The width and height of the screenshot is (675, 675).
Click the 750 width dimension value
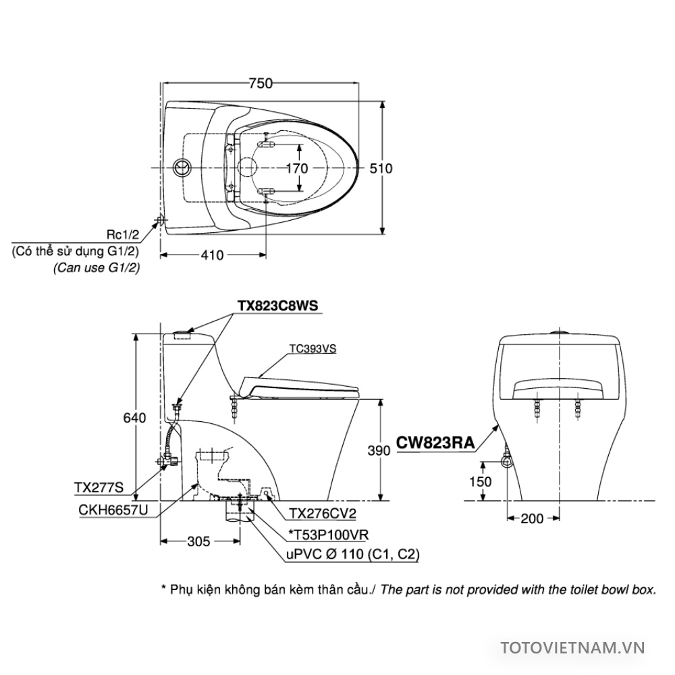[x=261, y=82]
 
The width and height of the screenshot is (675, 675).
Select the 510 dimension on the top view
[x=381, y=168]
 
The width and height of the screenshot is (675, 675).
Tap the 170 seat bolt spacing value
[x=297, y=168]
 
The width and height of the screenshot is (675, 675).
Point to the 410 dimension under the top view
[x=212, y=255]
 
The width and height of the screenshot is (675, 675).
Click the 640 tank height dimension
[x=135, y=418]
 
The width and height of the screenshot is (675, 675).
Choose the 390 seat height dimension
[x=379, y=450]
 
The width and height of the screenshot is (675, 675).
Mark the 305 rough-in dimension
[x=198, y=541]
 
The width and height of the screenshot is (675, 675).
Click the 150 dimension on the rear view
[x=480, y=481]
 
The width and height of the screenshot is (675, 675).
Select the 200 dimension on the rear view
[x=532, y=518]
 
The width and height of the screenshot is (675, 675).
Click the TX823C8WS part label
[x=277, y=305]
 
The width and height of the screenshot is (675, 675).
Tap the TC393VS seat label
[x=313, y=349]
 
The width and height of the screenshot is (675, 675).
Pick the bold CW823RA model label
[x=435, y=443]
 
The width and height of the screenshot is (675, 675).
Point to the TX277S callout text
[x=99, y=487]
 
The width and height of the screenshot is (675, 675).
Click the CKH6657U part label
[x=113, y=510]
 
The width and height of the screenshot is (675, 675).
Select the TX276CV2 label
[x=323, y=514]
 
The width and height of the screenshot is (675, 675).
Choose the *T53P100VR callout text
[x=329, y=535]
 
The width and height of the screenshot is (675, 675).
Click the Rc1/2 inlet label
[x=123, y=235]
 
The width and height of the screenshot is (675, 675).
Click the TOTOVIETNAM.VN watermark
[x=572, y=648]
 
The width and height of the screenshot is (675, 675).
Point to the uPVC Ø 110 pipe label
[x=353, y=553]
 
